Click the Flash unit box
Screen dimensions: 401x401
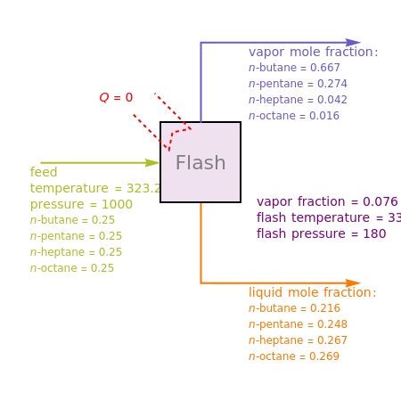tap(200, 162)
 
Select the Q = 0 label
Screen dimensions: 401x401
tap(116, 97)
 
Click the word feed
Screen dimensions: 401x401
tap(44, 172)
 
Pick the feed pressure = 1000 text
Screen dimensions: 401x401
tap(81, 204)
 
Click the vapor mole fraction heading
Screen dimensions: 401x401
tap(313, 52)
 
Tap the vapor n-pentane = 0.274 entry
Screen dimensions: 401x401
tap(298, 84)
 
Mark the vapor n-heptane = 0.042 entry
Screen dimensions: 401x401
tap(298, 100)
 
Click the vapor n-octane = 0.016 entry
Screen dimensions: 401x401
tap(294, 116)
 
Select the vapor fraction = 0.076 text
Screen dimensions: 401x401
tap(326, 201)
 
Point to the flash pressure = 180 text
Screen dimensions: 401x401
tap(321, 233)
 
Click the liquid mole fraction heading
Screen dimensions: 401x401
tap(312, 292)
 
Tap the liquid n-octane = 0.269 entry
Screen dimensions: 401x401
tap(294, 356)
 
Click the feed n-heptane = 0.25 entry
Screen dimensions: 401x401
tap(76, 252)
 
